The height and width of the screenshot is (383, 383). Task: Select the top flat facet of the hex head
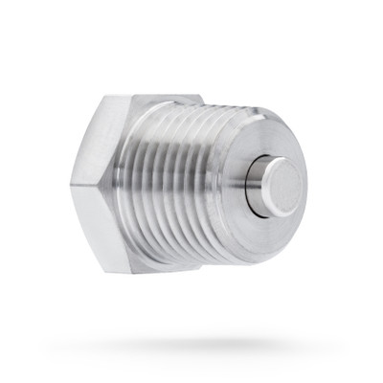(153, 99)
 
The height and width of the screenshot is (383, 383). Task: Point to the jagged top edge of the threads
(191, 106)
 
